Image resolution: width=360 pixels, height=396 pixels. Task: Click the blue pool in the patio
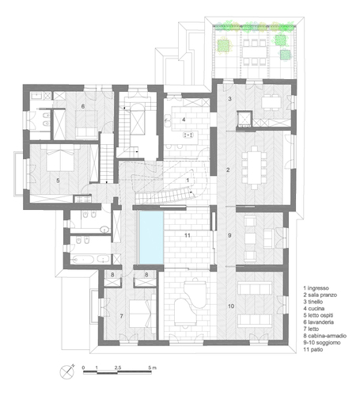click(151, 238)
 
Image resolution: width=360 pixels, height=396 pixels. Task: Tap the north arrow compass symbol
click(67, 371)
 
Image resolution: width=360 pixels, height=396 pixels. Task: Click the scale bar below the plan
click(117, 372)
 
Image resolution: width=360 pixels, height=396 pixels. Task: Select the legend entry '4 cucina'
click(314, 308)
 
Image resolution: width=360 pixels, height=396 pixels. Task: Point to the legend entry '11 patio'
click(313, 349)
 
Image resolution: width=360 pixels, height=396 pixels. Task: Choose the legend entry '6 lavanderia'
click(319, 322)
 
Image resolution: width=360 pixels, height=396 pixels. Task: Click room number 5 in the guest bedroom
click(58, 181)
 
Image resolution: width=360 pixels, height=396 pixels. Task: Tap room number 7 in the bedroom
click(121, 316)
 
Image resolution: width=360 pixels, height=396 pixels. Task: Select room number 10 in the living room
click(231, 307)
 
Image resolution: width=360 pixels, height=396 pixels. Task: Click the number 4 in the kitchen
click(184, 120)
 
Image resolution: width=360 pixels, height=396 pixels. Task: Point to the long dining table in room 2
click(254, 168)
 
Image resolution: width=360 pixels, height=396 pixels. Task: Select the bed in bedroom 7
click(140, 314)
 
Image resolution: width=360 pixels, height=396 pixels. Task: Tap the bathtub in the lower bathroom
click(83, 259)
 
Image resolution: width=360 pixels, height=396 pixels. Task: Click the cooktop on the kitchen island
click(189, 135)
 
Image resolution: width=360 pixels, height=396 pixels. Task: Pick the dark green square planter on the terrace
click(286, 55)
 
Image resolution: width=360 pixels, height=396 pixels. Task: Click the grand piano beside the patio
click(191, 303)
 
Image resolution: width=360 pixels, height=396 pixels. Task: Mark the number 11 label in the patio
click(188, 235)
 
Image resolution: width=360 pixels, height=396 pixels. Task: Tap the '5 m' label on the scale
click(152, 367)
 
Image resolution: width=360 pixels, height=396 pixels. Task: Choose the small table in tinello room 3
click(271, 101)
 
